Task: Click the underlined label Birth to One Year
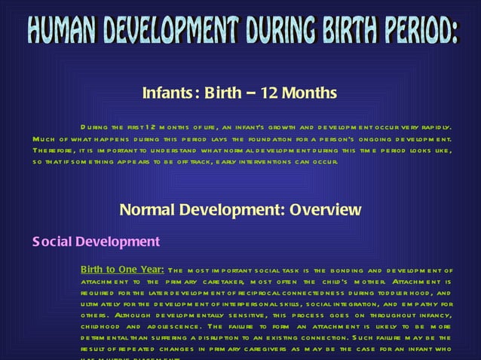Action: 122,270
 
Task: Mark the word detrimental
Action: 110,339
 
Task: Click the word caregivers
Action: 265,350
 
